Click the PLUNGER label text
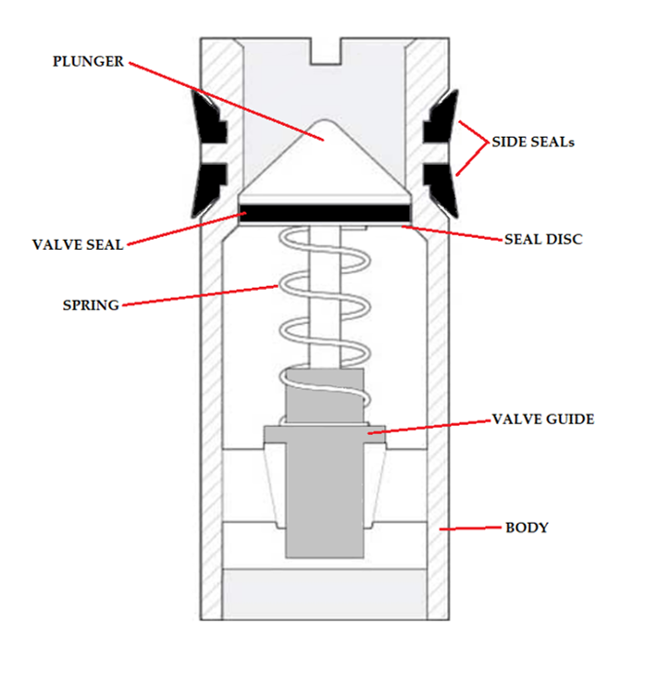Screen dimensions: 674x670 [x=88, y=62]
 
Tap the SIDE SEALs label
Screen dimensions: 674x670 [x=532, y=143]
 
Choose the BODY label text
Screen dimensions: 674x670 [x=527, y=528]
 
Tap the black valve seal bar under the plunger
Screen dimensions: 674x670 [x=324, y=214]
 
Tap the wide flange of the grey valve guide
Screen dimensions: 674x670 [x=324, y=432]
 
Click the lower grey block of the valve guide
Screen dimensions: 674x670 [x=323, y=500]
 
